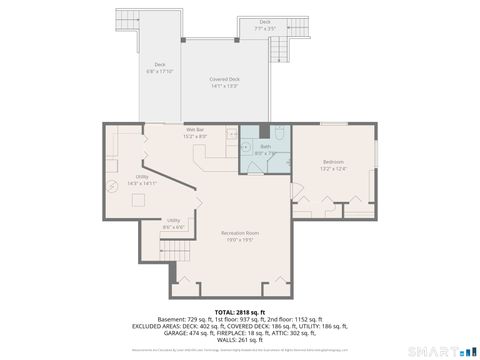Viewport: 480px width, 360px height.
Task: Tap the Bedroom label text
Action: [333, 164]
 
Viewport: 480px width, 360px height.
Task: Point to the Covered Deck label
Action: [224, 82]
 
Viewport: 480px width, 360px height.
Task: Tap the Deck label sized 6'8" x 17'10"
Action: [160, 69]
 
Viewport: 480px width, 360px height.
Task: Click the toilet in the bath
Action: [281, 133]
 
